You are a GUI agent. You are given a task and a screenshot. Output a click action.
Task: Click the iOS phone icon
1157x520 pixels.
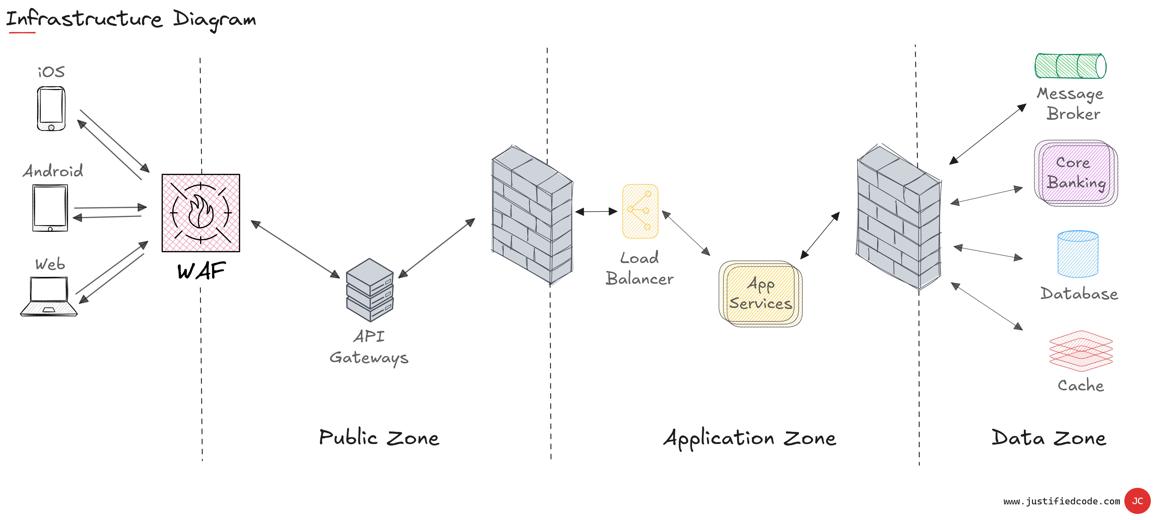point(51,109)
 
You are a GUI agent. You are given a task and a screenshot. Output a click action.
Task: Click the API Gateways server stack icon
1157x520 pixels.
point(370,290)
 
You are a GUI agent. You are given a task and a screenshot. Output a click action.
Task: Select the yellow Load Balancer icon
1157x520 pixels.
point(640,211)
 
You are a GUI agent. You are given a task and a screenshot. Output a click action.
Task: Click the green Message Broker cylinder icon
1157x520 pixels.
point(1070,66)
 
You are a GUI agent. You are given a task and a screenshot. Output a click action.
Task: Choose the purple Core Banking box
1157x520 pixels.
point(1076,173)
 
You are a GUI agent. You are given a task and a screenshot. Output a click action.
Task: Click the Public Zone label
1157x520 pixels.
point(379,438)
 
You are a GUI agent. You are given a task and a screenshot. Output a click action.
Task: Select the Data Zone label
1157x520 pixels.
point(1049,438)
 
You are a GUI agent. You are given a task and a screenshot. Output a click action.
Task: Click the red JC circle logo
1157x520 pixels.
point(1137,501)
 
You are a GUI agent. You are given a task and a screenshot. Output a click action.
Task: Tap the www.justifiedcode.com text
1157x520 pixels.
point(1062,501)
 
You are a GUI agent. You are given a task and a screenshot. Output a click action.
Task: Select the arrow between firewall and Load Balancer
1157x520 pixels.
point(597,211)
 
